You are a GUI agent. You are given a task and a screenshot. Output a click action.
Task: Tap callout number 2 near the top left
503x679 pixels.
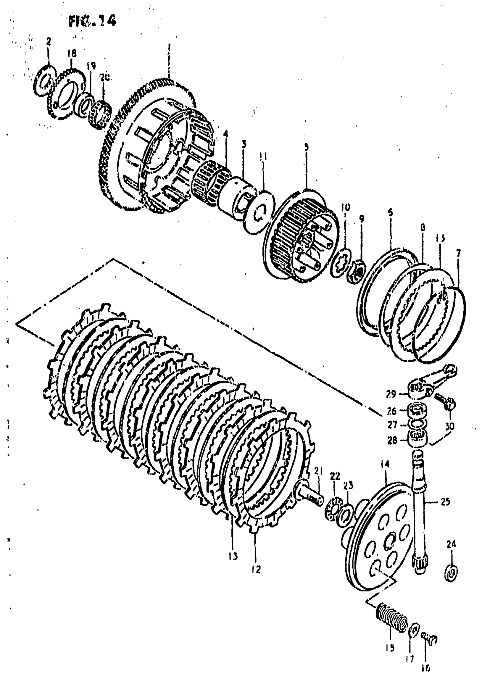tap(49, 41)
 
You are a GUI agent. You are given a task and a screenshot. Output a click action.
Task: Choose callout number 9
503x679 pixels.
tap(361, 219)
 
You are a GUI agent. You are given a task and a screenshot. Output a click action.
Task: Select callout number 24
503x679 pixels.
tap(451, 544)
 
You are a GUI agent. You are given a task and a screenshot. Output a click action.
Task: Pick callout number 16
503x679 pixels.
tap(426, 668)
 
